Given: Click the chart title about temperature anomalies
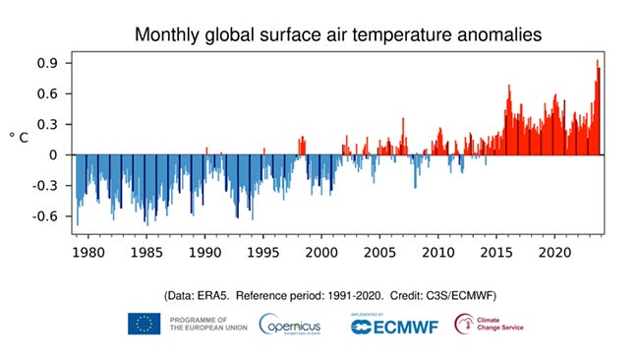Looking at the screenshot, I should (337, 34).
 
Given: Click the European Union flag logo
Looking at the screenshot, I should (144, 324).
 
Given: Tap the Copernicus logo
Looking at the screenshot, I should (293, 324).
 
